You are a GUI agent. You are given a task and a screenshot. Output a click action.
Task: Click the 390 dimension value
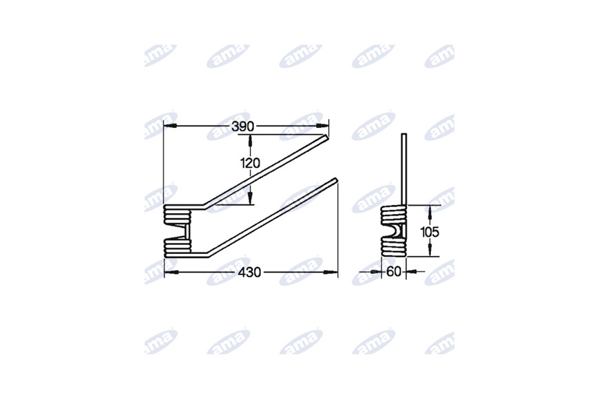(242, 127)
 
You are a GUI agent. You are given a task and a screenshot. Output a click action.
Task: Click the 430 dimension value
(249, 272)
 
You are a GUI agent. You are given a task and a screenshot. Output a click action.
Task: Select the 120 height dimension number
(250, 163)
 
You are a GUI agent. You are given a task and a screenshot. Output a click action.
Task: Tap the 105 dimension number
(430, 232)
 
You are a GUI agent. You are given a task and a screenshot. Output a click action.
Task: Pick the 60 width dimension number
(394, 272)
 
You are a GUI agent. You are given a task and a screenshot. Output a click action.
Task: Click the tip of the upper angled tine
(328, 137)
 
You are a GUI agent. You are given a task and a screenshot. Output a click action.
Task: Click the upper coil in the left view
(177, 215)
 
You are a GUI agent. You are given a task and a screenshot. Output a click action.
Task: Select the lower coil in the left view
(177, 248)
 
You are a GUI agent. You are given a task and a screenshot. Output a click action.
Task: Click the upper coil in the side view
(394, 215)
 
